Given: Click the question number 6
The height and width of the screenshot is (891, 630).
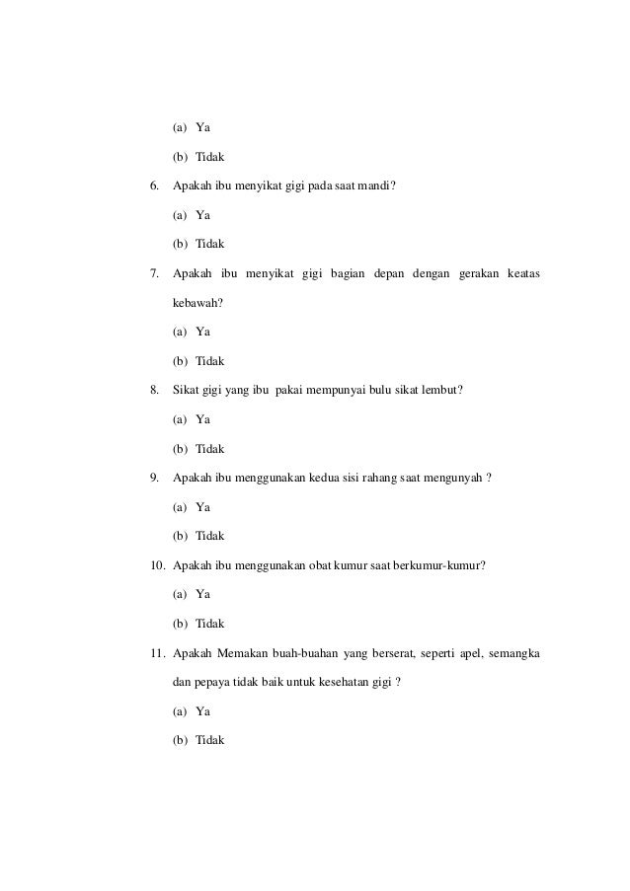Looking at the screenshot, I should tap(153, 185).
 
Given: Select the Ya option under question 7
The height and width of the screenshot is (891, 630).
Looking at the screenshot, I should tap(202, 332).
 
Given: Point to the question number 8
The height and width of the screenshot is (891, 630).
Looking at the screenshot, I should tap(153, 390).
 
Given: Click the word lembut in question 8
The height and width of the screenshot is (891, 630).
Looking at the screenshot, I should tap(439, 390).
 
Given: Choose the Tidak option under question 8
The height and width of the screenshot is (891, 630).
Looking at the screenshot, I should tap(209, 448).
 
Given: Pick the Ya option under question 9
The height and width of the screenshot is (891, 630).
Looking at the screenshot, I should tap(202, 507).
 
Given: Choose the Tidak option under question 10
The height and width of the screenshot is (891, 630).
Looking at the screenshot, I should tap(209, 624).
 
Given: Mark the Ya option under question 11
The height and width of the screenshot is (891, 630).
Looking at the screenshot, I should tap(202, 711).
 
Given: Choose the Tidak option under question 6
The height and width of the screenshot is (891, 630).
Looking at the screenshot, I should tap(209, 244).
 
